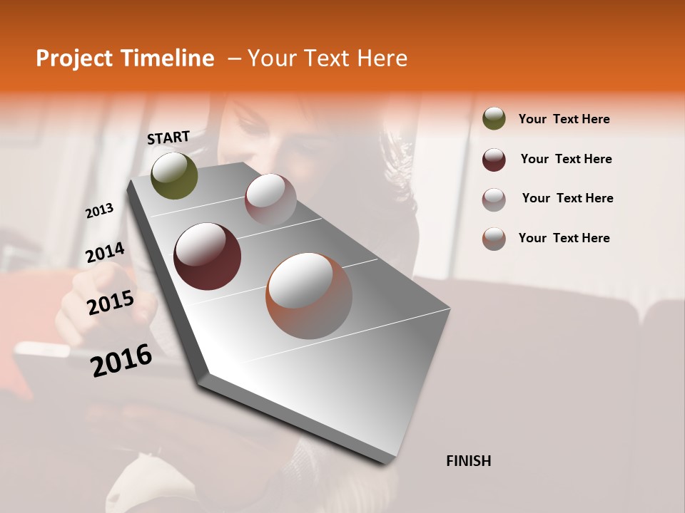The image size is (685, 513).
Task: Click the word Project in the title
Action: point(73,58)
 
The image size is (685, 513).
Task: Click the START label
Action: point(168,138)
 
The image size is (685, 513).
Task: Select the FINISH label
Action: point(469,461)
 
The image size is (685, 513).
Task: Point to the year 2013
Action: point(100,210)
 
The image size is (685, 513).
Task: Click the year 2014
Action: point(105,252)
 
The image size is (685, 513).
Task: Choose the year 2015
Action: point(111,303)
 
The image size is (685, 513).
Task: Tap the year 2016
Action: point(121,360)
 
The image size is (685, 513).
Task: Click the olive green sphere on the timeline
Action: point(174,175)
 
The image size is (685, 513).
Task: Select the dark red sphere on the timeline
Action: point(207,256)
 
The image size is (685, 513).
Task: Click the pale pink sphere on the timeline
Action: point(270,199)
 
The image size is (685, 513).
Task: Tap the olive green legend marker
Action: point(494,118)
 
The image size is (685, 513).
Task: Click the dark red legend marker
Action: point(494,160)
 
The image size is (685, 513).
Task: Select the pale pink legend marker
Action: point(494,199)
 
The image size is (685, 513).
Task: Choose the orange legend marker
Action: point(494,239)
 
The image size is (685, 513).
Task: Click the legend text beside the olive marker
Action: point(564,119)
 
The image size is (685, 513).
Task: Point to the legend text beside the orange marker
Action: point(564,238)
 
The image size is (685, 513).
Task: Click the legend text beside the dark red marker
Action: point(566,159)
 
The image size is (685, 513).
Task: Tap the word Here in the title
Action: point(382,58)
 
